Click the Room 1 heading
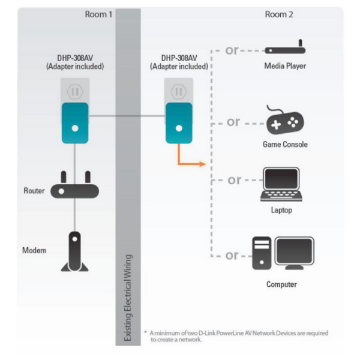pos(99,14)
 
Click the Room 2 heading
pos(279,14)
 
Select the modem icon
pos(75,251)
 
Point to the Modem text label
pos(35,250)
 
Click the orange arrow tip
pos(205,163)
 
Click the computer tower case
pos(262,253)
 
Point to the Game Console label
pos(285,145)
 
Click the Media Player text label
pos(285,66)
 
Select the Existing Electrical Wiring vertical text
pos(127,297)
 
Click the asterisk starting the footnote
pos(145,332)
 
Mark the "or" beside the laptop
pos(234,179)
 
